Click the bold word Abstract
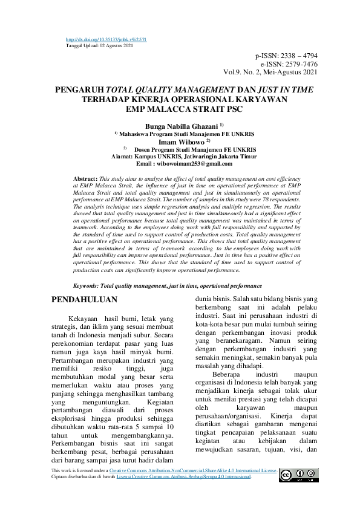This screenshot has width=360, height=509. coord(85,180)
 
